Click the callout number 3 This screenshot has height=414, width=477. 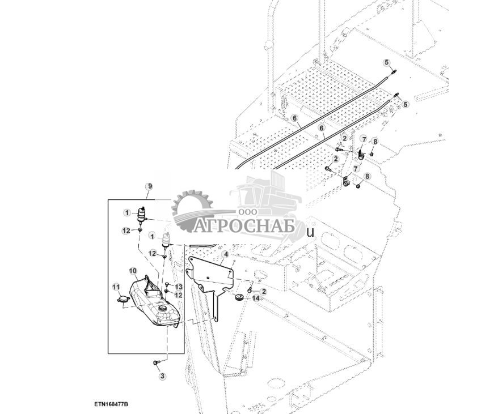click(163, 375)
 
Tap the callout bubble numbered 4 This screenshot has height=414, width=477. click(225, 255)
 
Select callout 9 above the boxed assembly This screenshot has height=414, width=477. click(149, 186)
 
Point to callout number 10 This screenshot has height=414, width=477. click(132, 271)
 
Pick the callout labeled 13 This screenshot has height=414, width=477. click(178, 287)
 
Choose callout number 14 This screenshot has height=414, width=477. click(256, 298)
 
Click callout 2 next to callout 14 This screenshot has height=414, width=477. click(264, 290)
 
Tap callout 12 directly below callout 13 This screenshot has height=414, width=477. click(178, 295)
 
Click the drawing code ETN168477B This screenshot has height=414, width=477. click(112, 404)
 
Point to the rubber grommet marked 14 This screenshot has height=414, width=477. click(239, 298)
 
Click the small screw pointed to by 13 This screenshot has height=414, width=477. click(167, 290)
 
